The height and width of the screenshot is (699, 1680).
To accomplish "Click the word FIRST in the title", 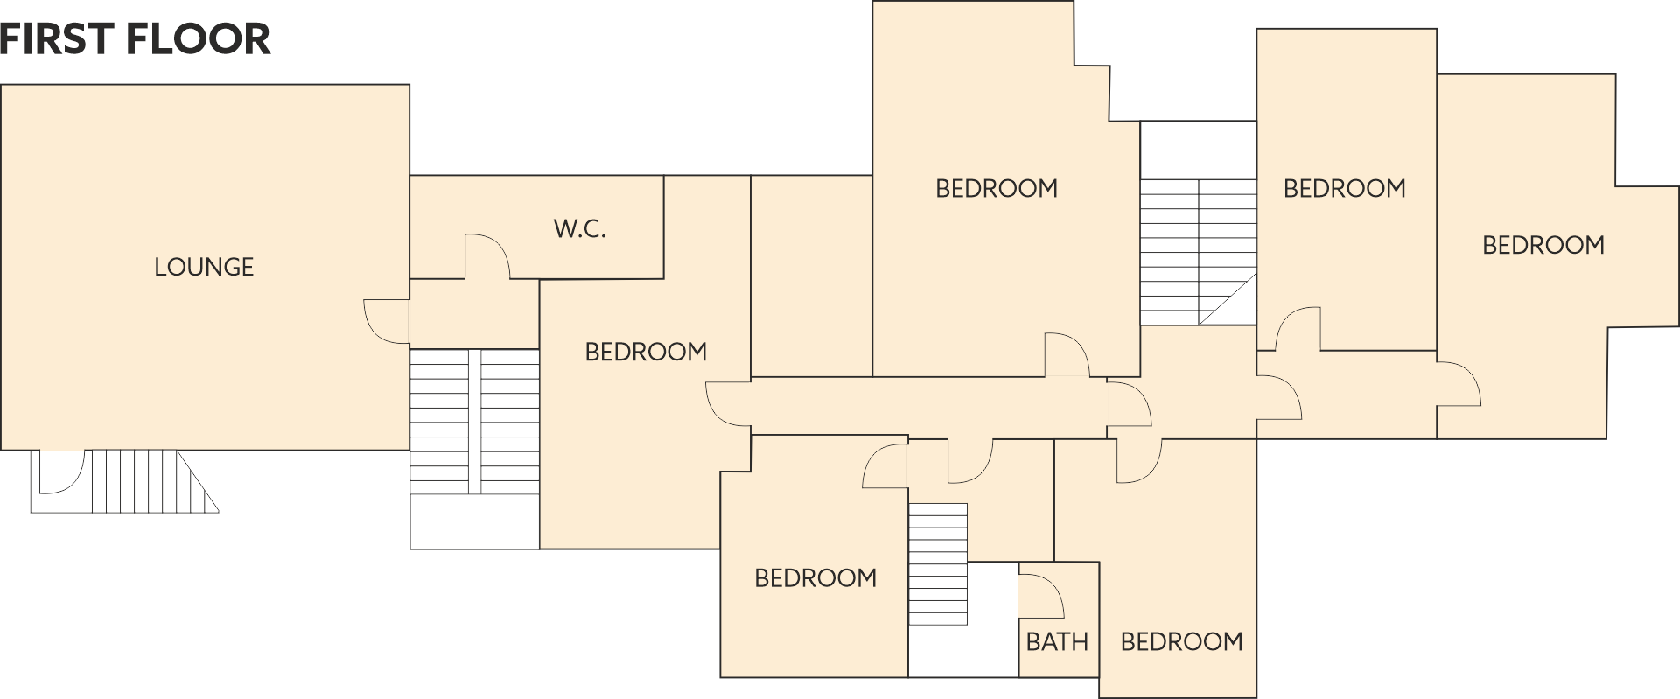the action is [x=56, y=39].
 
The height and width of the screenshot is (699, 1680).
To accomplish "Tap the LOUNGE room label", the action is [x=204, y=267].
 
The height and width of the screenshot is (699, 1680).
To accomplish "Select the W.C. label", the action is [x=579, y=229].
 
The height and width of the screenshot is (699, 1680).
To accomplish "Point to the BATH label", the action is [x=1057, y=642].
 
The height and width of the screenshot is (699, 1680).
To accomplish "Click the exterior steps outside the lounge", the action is [x=124, y=481].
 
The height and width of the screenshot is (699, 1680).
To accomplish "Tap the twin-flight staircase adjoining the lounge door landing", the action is [x=474, y=422].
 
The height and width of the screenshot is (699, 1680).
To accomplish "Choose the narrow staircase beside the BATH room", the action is [x=938, y=563].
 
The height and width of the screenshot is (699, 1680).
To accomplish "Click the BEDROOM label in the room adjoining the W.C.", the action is [x=646, y=352].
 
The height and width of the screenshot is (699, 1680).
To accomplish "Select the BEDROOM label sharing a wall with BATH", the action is [x=1181, y=642].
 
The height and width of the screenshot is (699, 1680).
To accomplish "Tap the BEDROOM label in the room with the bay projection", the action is [x=1543, y=245].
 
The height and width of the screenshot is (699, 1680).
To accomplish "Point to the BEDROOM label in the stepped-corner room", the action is [x=997, y=188].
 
